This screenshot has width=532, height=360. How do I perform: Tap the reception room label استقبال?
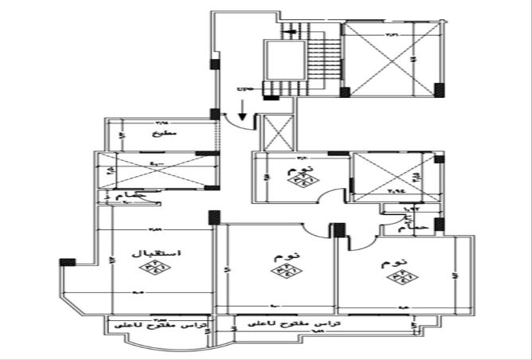pos(162,252)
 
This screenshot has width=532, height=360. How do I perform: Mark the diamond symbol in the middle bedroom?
pos(282,273)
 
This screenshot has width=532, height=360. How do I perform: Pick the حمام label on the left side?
pos(130,195)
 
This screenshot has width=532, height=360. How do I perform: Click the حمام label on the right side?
pos(419,227)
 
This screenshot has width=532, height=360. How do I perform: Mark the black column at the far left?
pos(67,261)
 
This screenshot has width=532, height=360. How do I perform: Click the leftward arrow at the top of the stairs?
pos(292,32)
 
